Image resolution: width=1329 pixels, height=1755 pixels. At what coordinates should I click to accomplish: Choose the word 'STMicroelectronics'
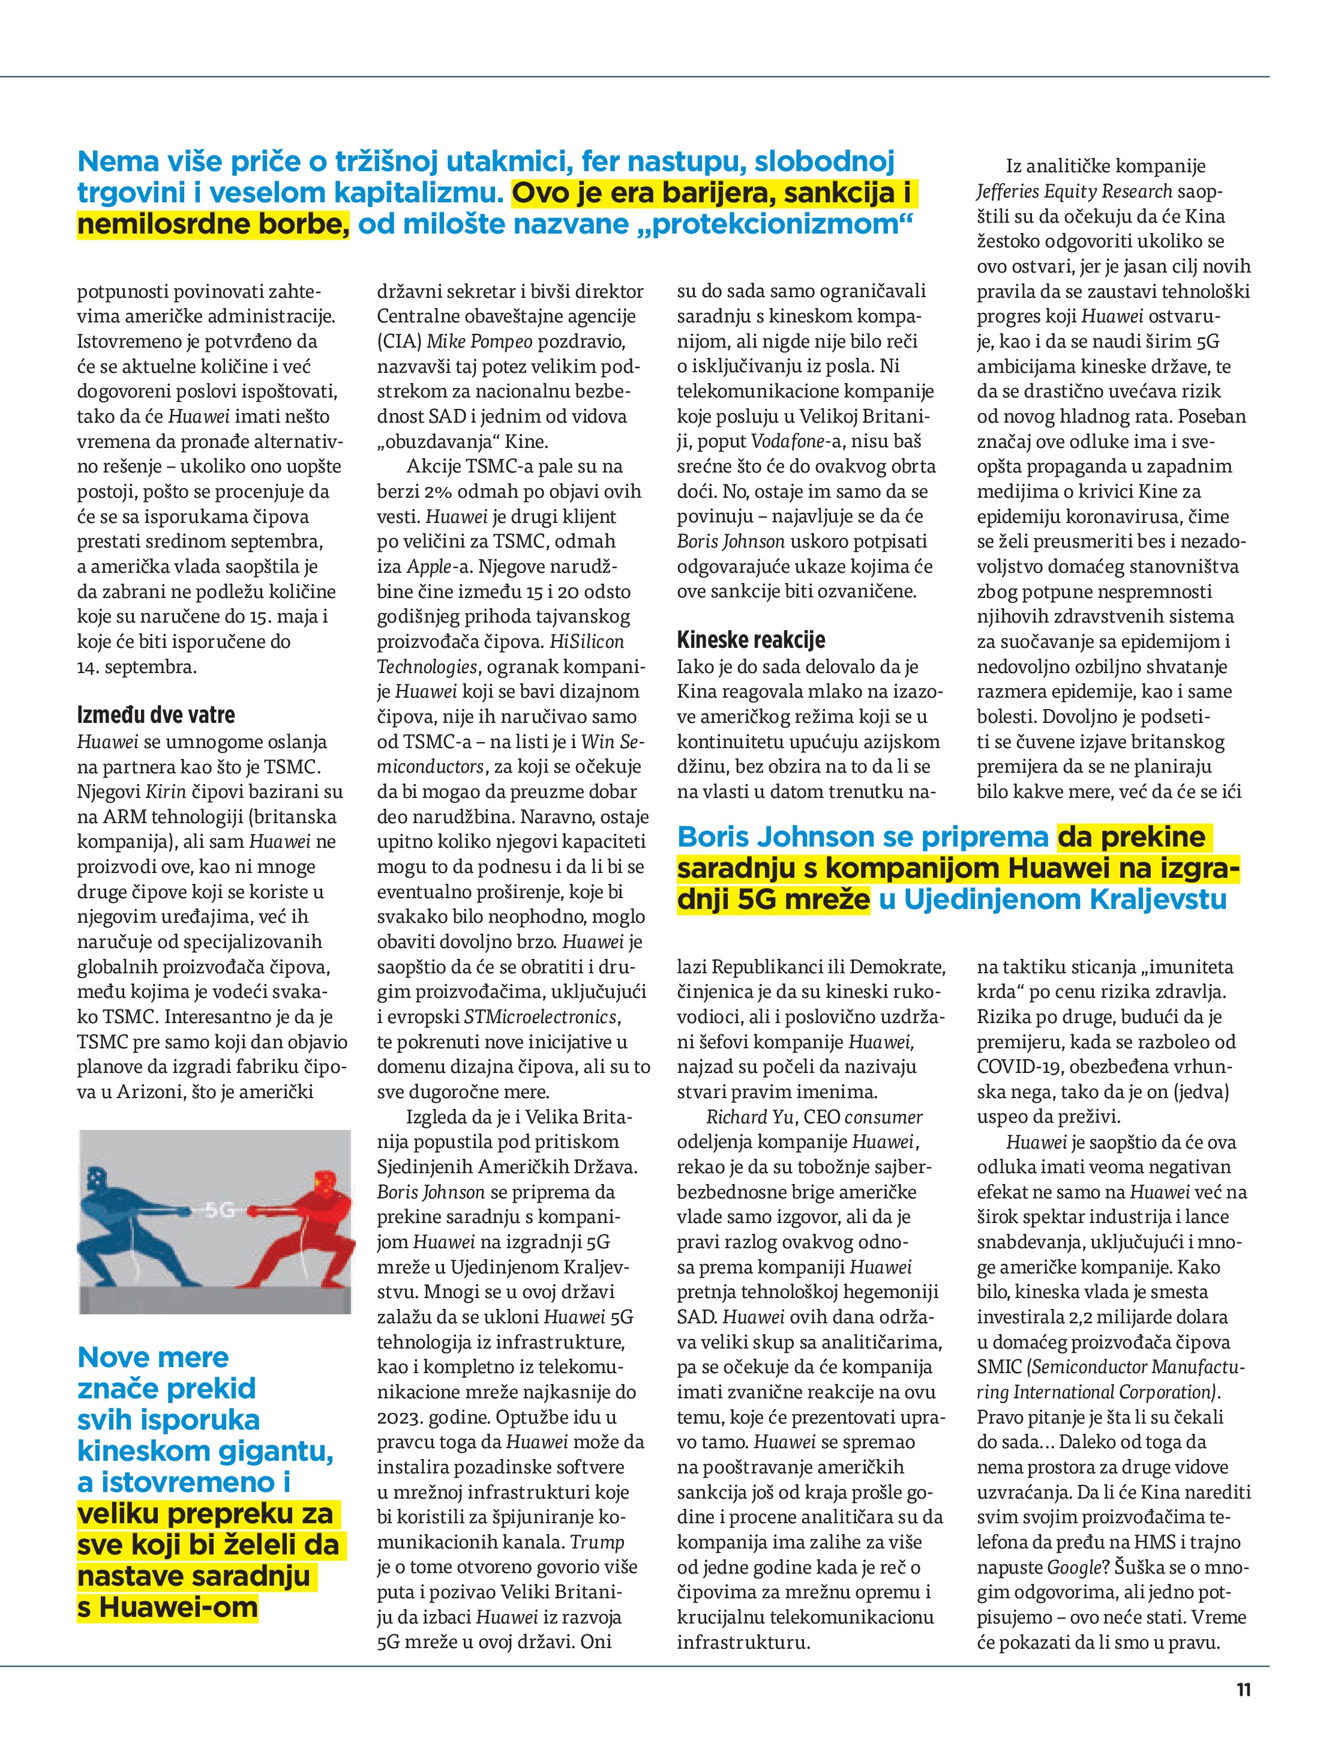click(540, 1017)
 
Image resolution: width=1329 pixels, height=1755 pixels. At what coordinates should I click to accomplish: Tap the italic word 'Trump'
click(597, 1542)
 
